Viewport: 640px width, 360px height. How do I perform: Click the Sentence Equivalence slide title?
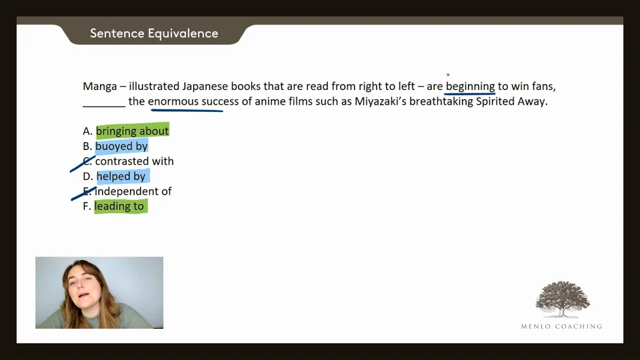click(154, 33)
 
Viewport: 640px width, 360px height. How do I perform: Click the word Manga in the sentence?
click(99, 87)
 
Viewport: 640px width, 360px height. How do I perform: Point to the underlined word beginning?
click(470, 87)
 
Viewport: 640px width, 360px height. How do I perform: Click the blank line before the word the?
click(104, 106)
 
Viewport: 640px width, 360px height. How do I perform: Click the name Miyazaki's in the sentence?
click(381, 101)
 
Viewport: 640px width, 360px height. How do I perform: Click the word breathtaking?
click(441, 101)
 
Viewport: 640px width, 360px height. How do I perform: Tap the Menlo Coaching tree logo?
click(563, 299)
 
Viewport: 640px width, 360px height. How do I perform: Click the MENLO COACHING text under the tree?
click(561, 326)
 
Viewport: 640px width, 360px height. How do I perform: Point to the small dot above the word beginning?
click(448, 75)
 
